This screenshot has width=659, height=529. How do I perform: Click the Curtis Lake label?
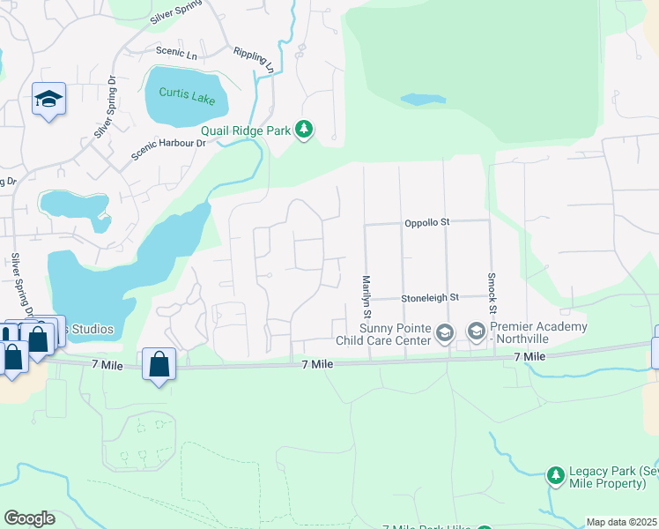186,93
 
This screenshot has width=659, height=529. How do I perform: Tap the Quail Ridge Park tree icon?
304,130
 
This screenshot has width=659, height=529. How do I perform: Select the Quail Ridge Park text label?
246,130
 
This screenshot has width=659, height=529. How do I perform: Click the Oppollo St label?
427,223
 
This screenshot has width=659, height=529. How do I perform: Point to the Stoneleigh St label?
430,298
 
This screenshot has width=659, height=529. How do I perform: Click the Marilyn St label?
367,296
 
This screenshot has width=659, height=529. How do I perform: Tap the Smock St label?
492,292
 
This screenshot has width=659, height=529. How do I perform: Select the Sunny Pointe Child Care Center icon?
445,332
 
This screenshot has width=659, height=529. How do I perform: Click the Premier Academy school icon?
476,332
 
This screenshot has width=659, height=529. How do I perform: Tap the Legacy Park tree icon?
555,476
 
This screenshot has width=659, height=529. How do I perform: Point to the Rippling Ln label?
255,60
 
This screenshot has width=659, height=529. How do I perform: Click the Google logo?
29,518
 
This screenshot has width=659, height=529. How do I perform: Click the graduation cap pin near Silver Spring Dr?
48,99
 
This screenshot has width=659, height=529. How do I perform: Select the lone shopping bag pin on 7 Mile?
159,364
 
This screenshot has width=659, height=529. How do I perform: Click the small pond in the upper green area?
423,99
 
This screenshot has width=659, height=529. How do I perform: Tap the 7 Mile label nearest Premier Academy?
530,356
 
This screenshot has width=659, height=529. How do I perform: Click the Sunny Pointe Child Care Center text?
383,333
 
